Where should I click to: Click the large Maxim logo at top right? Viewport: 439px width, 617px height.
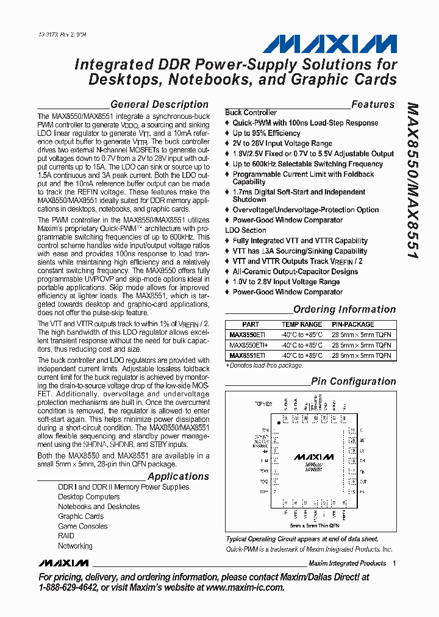[x=330, y=44]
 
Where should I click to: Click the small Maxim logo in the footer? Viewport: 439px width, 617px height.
[x=63, y=562]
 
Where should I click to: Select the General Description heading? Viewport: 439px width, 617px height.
[x=159, y=104]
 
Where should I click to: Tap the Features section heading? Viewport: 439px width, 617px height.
[x=373, y=104]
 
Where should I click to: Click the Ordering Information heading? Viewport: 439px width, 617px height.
[x=344, y=309]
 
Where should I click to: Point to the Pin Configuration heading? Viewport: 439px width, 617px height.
[x=353, y=381]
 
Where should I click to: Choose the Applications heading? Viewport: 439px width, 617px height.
[x=178, y=476]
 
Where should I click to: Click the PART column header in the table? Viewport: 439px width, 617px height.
[x=250, y=324]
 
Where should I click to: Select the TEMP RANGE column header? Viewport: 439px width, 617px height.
[x=301, y=324]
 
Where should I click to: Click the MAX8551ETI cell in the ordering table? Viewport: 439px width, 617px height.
[x=247, y=355]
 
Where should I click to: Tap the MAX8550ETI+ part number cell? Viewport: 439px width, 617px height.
[x=249, y=345]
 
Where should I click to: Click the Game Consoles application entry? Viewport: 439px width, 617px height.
[x=82, y=526]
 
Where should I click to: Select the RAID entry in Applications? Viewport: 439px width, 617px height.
[x=66, y=536]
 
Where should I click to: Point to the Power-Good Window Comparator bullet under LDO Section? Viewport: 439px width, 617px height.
[x=287, y=292]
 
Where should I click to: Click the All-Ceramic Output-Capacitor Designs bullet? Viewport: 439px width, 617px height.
[x=295, y=271]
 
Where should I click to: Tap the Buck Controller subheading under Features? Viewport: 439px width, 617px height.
[x=251, y=113]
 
